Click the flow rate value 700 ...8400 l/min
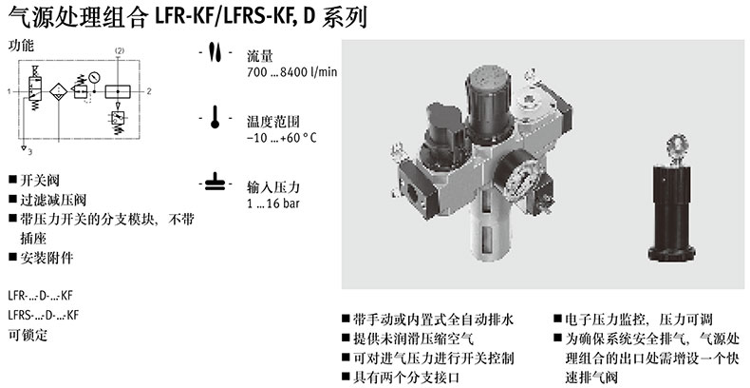tap(291, 72)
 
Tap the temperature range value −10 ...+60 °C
tap(282, 138)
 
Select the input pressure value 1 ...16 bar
tap(273, 204)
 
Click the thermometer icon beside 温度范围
tap(215, 118)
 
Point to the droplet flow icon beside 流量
tap(215, 51)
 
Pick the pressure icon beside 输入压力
tap(215, 184)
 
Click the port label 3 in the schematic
tap(29, 152)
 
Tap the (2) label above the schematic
tap(119, 50)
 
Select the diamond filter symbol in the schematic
tap(58, 91)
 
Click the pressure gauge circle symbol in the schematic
tap(94, 76)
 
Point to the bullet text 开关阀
tap(40, 181)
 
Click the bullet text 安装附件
tap(47, 258)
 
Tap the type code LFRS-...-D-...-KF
tap(44, 315)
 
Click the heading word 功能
tap(22, 46)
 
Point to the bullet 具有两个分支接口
tap(406, 377)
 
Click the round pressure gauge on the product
tap(520, 182)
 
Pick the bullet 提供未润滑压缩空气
tap(413, 339)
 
